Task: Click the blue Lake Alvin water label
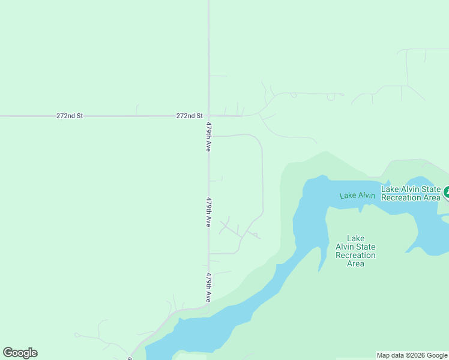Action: [357, 196]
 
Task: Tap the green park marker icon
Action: [447, 193]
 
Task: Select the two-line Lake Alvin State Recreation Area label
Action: [411, 193]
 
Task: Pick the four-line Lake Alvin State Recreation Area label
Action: [355, 251]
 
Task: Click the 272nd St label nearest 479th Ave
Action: [190, 115]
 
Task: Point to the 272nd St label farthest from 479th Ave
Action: [69, 115]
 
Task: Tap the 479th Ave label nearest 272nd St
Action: [208, 137]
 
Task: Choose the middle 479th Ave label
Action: [208, 212]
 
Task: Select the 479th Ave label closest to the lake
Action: [208, 288]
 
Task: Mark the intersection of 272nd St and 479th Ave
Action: [208, 116]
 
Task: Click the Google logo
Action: [20, 353]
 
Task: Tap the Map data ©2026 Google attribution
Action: [412, 355]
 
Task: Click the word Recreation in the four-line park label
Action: [355, 255]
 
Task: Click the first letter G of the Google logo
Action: [8, 353]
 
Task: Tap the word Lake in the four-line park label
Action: [355, 238]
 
